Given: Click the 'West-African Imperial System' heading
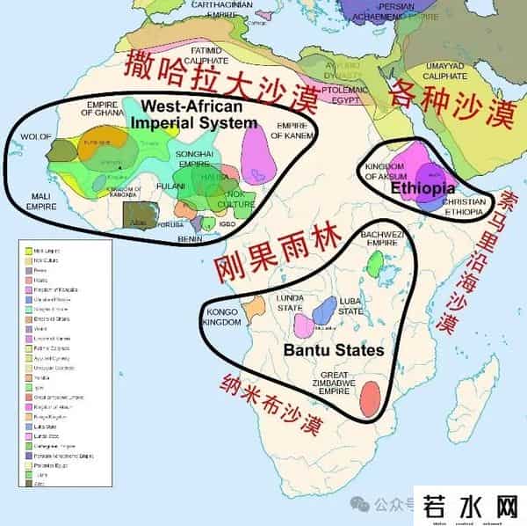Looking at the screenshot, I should coord(193,113).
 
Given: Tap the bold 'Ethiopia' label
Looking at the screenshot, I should coord(422,188).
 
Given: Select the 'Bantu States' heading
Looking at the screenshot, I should coord(334,350).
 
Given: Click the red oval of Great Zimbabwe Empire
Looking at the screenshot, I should coord(373,398).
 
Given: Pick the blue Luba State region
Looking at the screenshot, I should coord(324,310).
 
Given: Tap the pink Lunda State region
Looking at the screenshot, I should coord(304,326).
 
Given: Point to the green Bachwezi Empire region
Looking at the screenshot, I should coord(375,261).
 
